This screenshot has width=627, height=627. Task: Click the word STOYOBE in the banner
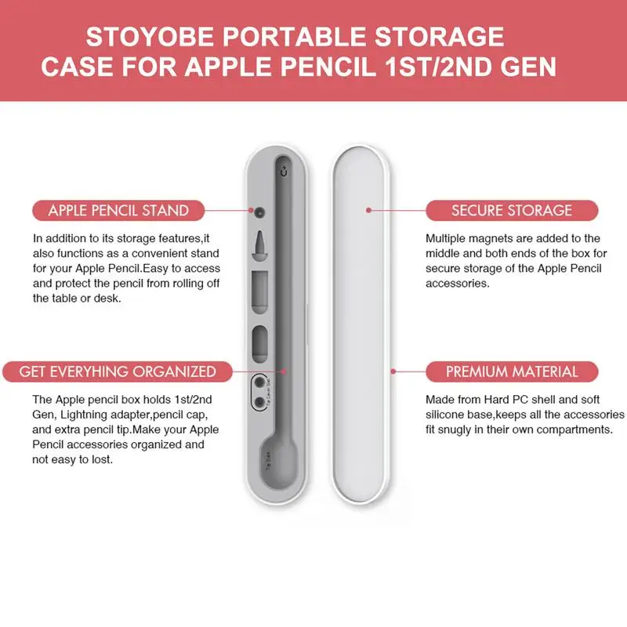point(150,36)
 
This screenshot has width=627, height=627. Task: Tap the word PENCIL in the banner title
point(328,67)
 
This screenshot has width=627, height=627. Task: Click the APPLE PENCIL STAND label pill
point(118,210)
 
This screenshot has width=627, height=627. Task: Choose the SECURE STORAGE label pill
point(512,210)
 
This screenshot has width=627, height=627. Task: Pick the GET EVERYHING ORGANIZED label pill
point(118,371)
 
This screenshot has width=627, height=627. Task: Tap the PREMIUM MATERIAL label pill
point(512,371)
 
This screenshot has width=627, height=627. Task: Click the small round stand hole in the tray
point(260,212)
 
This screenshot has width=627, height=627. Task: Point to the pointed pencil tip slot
point(260,245)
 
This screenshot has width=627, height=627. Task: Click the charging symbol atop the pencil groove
point(285,170)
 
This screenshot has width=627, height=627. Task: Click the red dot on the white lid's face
point(368,210)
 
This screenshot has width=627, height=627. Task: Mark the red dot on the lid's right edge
point(393,371)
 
